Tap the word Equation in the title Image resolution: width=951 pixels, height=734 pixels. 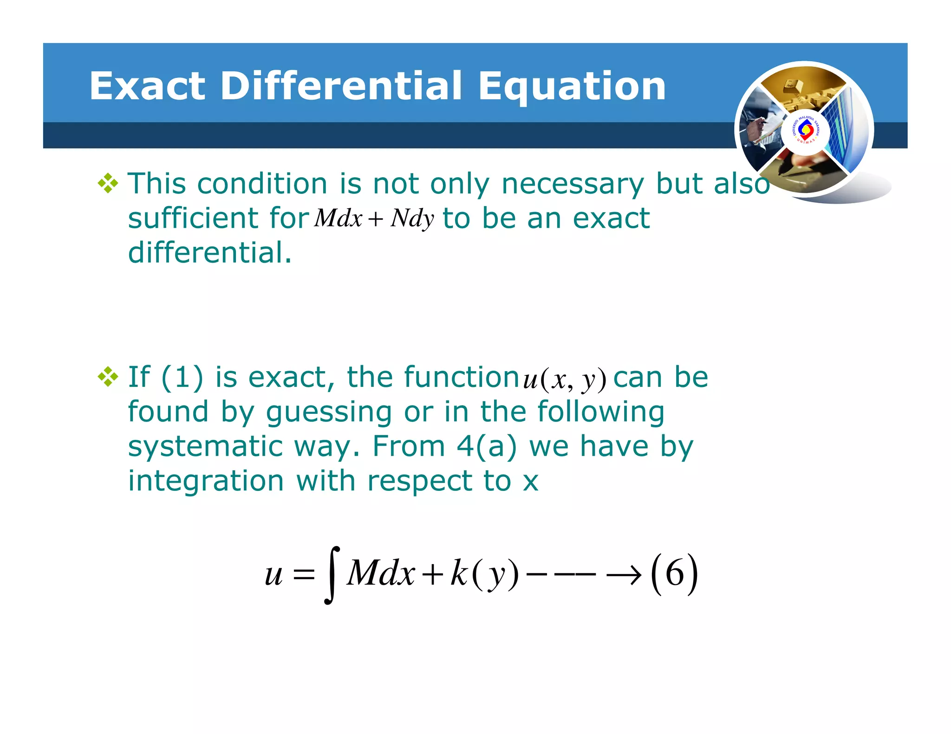(x=572, y=87)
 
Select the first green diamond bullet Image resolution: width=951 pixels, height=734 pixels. (x=108, y=183)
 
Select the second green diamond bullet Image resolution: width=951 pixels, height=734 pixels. (x=108, y=377)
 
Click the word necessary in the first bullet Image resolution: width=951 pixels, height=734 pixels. (x=573, y=184)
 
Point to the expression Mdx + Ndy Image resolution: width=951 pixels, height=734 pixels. (x=374, y=218)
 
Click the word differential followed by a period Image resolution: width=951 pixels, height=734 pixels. (x=210, y=252)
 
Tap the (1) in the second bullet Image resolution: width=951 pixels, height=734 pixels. (x=182, y=377)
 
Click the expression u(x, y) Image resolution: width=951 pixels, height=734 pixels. (x=564, y=379)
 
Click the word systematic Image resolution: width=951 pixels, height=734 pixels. (x=205, y=446)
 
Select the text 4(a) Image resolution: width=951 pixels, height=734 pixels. (x=486, y=446)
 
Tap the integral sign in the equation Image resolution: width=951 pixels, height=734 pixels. (x=332, y=575)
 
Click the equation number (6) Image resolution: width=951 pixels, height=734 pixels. (x=674, y=574)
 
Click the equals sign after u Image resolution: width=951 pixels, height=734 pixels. (x=304, y=576)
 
